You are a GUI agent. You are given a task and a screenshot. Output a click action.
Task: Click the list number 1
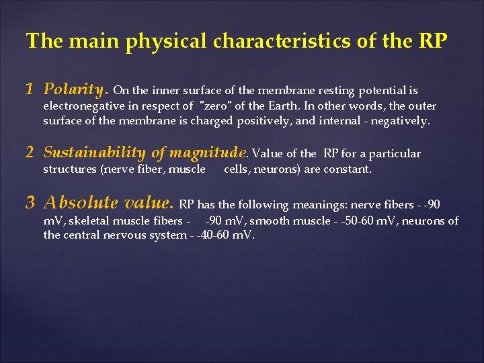click(x=30, y=89)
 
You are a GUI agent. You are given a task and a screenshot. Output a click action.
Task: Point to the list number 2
click(x=30, y=153)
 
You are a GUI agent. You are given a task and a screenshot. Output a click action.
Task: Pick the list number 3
click(x=30, y=202)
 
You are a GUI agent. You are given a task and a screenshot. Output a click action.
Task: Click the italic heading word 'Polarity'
click(x=75, y=89)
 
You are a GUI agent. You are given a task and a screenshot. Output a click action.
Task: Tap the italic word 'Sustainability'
click(x=94, y=153)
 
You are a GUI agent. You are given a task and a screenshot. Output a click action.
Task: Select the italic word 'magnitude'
click(x=210, y=153)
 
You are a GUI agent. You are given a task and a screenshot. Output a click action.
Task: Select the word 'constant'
click(x=347, y=169)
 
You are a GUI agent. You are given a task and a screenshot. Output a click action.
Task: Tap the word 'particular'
click(x=395, y=154)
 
